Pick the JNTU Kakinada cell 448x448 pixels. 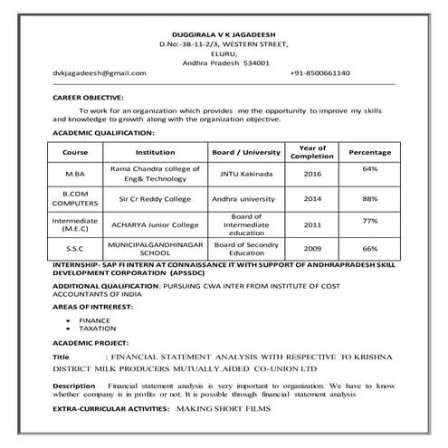248,173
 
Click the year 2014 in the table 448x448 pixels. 312,197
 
